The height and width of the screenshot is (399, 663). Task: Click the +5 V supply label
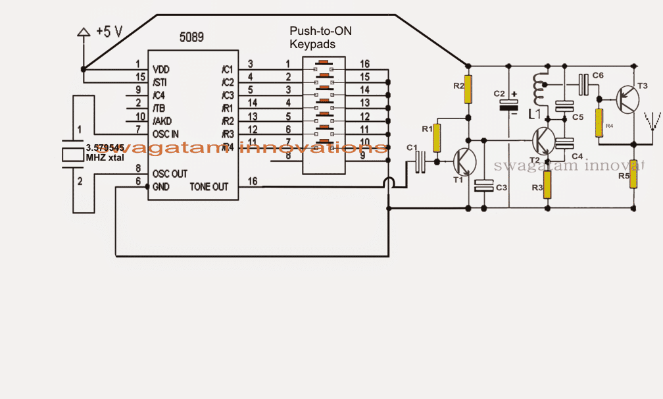[x=110, y=32]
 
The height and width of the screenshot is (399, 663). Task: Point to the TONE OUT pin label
[x=209, y=186]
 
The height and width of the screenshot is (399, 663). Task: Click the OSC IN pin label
[x=166, y=134]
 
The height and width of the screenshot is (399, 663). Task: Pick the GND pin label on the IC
[x=161, y=186]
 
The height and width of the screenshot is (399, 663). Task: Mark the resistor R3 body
[x=546, y=188]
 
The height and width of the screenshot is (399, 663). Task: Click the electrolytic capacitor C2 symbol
[x=509, y=104]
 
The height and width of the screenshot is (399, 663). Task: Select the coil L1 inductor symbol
[x=539, y=88]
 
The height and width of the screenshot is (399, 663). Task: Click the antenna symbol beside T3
[x=652, y=121]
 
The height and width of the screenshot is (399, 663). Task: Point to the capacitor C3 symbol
[x=484, y=187]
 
